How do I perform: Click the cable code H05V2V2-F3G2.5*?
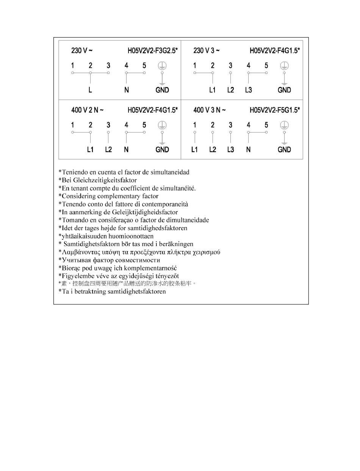coord(153,50)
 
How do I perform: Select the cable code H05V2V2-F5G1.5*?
coord(275,110)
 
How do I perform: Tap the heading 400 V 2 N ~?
coord(88,110)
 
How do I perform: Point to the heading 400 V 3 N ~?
coord(210,110)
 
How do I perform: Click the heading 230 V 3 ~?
coord(207,50)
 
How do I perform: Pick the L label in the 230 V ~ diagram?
coord(90,90)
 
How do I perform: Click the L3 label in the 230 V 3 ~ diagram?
coord(248,90)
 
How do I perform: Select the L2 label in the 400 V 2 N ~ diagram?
coord(108,150)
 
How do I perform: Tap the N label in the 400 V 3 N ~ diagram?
coord(248,150)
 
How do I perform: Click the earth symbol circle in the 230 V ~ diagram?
coord(162,66)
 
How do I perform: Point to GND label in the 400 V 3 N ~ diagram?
coord(284,150)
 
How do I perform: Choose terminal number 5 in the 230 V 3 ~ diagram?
coord(266,66)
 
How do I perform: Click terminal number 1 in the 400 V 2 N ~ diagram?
coord(72,125)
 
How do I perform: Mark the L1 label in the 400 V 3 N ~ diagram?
coord(194,150)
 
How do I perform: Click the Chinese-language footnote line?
coord(127,284)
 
